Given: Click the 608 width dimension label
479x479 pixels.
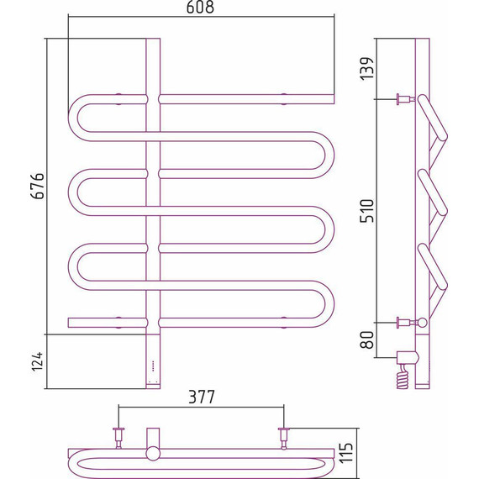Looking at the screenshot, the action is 200,7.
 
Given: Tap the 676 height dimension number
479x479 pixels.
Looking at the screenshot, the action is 38,186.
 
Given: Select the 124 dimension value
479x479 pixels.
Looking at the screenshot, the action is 38,361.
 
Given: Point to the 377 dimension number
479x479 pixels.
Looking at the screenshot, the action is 202,397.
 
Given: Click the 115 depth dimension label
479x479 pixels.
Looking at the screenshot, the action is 346,452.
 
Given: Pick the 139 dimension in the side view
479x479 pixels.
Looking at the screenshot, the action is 366,68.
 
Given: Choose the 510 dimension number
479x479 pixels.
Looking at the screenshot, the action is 366,210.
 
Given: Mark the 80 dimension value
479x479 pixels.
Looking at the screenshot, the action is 366,340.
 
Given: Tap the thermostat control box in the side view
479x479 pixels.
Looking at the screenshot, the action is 408,358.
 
